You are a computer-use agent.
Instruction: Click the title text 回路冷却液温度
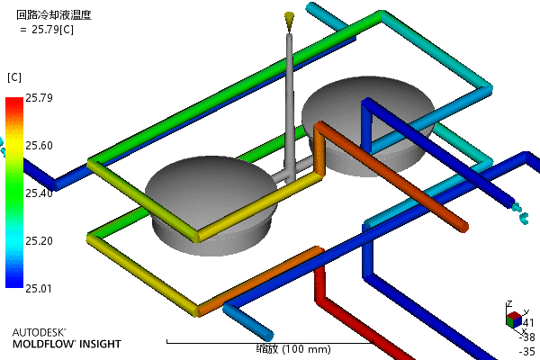point(54,15)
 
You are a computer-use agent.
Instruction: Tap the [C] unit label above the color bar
point(13,76)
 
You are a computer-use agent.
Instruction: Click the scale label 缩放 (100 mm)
point(270,349)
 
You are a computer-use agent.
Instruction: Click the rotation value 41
point(528,323)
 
